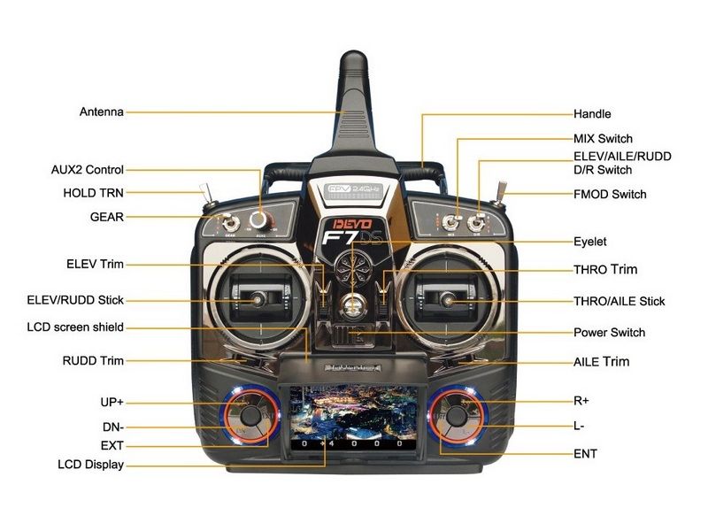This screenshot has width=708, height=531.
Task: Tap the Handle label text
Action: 592,114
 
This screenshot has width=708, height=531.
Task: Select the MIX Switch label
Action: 603,139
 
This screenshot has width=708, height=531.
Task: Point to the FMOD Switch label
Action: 610,194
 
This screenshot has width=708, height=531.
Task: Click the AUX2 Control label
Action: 88,169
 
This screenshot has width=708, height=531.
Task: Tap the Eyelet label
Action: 590,241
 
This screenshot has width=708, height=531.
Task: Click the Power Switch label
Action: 609,333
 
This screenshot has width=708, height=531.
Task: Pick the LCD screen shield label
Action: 75,327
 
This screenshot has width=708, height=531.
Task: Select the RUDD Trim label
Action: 93,360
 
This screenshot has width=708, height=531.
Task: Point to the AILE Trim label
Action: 601,361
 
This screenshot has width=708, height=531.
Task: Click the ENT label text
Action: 585,454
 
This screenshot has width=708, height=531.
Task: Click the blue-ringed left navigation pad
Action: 250,416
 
